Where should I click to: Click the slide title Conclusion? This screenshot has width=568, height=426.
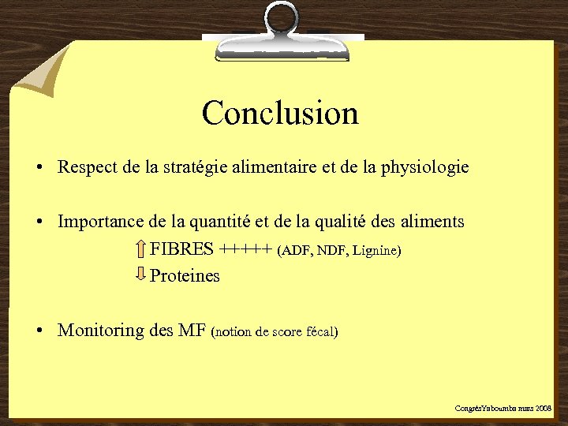280,113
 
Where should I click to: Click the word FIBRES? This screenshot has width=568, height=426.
181,250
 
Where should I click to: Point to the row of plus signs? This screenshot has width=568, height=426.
246,250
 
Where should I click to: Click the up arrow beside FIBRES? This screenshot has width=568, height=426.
140,249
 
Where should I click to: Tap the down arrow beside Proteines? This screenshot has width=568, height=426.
140,275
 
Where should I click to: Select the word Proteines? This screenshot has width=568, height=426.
185,276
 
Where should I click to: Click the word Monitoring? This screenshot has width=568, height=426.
100,331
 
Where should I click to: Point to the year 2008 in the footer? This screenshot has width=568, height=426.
544,409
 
